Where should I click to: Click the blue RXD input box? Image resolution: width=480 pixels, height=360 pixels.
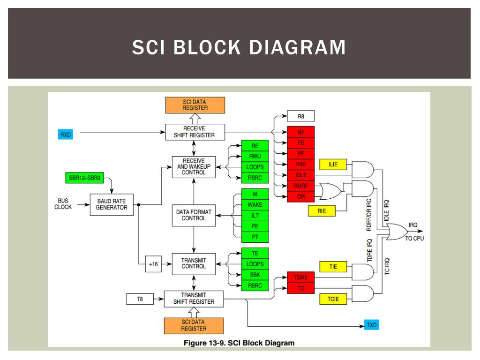pos(66,135)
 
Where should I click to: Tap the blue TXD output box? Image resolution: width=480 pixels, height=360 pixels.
pos(372,325)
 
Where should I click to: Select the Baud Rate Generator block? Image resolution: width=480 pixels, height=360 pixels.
pos(112,204)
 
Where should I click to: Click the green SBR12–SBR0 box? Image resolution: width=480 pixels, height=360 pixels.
pos(84,178)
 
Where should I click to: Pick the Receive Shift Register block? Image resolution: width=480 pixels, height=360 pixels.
pos(195,132)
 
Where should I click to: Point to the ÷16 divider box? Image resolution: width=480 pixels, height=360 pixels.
pos(153,264)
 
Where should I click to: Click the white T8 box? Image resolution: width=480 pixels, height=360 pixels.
pos(140,299)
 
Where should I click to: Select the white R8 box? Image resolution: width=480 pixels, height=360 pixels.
pos(300,116)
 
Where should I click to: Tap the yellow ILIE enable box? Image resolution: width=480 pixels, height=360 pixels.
pos(333,165)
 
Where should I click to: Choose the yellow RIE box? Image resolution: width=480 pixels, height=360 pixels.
pos(322,211)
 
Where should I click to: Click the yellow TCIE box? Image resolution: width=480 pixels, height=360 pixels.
pos(333,299)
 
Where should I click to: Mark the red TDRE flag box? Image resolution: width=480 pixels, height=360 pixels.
pos(300,277)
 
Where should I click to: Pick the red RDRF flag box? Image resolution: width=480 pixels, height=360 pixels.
pos(300,186)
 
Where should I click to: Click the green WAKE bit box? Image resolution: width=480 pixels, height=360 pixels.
pos(255,205)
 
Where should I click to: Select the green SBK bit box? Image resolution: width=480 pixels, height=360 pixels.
pos(255,275)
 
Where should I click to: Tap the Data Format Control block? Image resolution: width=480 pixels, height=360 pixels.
pos(194,215)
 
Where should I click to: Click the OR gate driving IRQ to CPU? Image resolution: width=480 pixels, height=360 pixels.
pos(397,232)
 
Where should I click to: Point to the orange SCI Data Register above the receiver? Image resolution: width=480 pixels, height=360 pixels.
pos(195,105)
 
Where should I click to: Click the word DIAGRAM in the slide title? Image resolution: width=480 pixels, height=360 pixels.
pos(297,47)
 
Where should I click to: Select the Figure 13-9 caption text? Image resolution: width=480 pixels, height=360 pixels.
pos(239,343)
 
